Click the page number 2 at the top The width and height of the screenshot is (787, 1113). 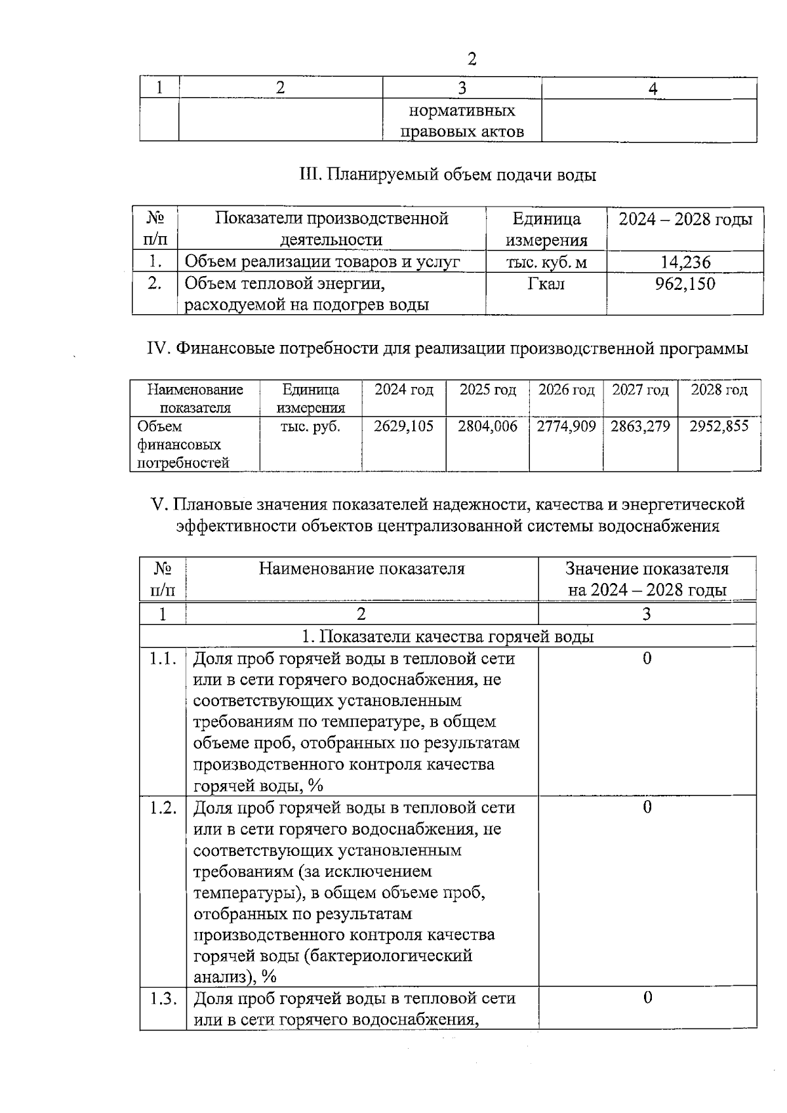tap(472, 60)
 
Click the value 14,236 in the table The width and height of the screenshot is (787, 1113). tap(685, 262)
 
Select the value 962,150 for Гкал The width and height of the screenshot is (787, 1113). tap(685, 284)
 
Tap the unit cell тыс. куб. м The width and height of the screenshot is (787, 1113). tap(546, 262)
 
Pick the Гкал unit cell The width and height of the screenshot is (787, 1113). tap(546, 284)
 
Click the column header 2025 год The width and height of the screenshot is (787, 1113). tap(487, 390)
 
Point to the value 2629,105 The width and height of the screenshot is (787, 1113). tap(403, 426)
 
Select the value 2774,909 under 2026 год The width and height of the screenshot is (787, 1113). tap(566, 426)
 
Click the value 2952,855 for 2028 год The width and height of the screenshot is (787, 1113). tap(719, 426)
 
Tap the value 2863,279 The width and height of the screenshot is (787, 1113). tap(640, 426)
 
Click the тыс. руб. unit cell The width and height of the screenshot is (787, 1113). tap(310, 426)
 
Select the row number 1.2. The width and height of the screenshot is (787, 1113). tap(163, 808)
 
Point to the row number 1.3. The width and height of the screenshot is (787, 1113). tap(163, 999)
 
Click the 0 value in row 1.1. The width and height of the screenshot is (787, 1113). tap(647, 658)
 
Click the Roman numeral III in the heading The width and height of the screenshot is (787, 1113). tap(308, 175)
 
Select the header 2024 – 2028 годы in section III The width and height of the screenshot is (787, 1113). tap(685, 220)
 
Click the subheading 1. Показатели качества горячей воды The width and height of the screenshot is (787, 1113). tap(447, 637)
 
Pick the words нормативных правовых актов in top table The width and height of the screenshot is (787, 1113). tap(462, 121)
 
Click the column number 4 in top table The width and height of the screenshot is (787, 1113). tap(652, 89)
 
